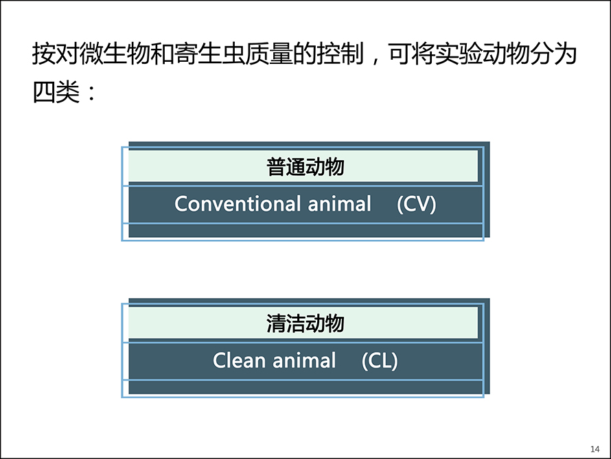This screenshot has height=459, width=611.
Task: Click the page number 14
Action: [x=595, y=449]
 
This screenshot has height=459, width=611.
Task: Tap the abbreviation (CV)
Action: [x=416, y=204]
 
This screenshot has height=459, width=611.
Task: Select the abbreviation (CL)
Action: [x=380, y=361]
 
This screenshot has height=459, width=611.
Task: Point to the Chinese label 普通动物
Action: [x=305, y=166]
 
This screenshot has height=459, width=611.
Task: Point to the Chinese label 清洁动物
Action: [x=305, y=323]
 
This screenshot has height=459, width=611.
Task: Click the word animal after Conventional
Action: [x=339, y=203]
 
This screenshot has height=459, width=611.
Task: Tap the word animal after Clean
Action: [x=304, y=360]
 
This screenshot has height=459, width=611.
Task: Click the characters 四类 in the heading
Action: [x=56, y=92]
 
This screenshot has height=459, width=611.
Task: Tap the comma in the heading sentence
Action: [x=375, y=61]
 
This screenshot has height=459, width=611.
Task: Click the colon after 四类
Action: [x=91, y=93]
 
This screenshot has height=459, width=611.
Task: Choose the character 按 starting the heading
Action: [x=45, y=54]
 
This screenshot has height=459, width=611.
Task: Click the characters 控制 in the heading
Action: [x=340, y=54]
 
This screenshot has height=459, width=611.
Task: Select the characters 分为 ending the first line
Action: [x=553, y=54]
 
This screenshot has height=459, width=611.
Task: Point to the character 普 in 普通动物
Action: [x=276, y=166]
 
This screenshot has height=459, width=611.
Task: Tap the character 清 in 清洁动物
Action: [x=276, y=323]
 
